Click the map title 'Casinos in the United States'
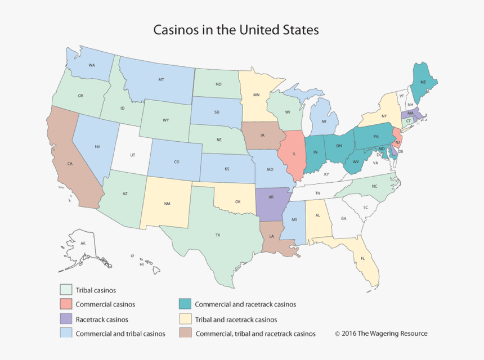pyautogui.click(x=236, y=29)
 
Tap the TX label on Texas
pyautogui.click(x=217, y=235)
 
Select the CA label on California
pyautogui.click(x=70, y=164)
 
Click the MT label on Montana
pyautogui.click(x=161, y=80)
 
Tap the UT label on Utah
pyautogui.click(x=133, y=154)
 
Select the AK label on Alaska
pyautogui.click(x=83, y=243)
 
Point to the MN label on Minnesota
pyautogui.click(x=256, y=95)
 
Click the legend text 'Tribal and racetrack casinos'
pyautogui.click(x=236, y=319)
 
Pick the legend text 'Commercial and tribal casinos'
pyautogui.click(x=120, y=334)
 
